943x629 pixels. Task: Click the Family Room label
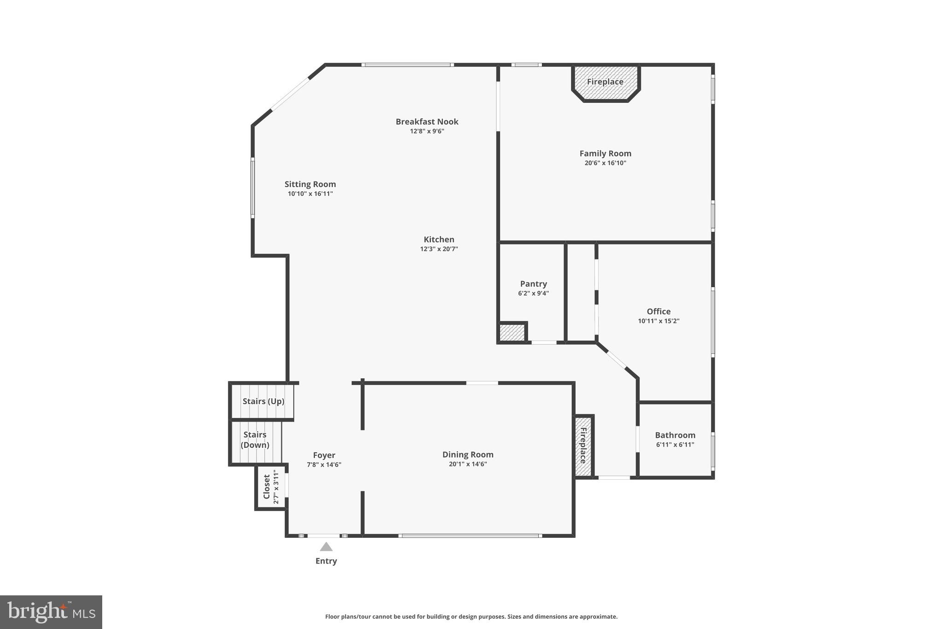pos(605,153)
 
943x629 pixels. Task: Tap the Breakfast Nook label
pos(427,122)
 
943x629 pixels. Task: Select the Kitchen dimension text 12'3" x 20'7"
pos(439,249)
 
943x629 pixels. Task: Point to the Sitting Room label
pos(310,184)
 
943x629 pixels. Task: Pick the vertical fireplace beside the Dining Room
pos(583,446)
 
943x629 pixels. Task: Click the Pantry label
pos(533,284)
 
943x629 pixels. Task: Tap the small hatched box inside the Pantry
pos(512,333)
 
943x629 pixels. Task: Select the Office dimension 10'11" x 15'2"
pos(658,321)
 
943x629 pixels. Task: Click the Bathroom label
pos(675,435)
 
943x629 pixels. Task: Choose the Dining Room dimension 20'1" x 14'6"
pos(468,464)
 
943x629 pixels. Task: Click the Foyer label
pos(324,455)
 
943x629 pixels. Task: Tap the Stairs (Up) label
pos(263,401)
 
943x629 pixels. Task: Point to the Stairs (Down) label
pos(255,440)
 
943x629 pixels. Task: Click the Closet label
pos(267,487)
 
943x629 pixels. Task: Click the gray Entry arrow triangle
pos(326,547)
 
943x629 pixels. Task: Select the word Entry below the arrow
pos(326,561)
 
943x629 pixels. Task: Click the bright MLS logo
pos(51,612)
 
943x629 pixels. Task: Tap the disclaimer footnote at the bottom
pos(471,617)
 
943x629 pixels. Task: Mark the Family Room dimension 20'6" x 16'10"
pos(605,163)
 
